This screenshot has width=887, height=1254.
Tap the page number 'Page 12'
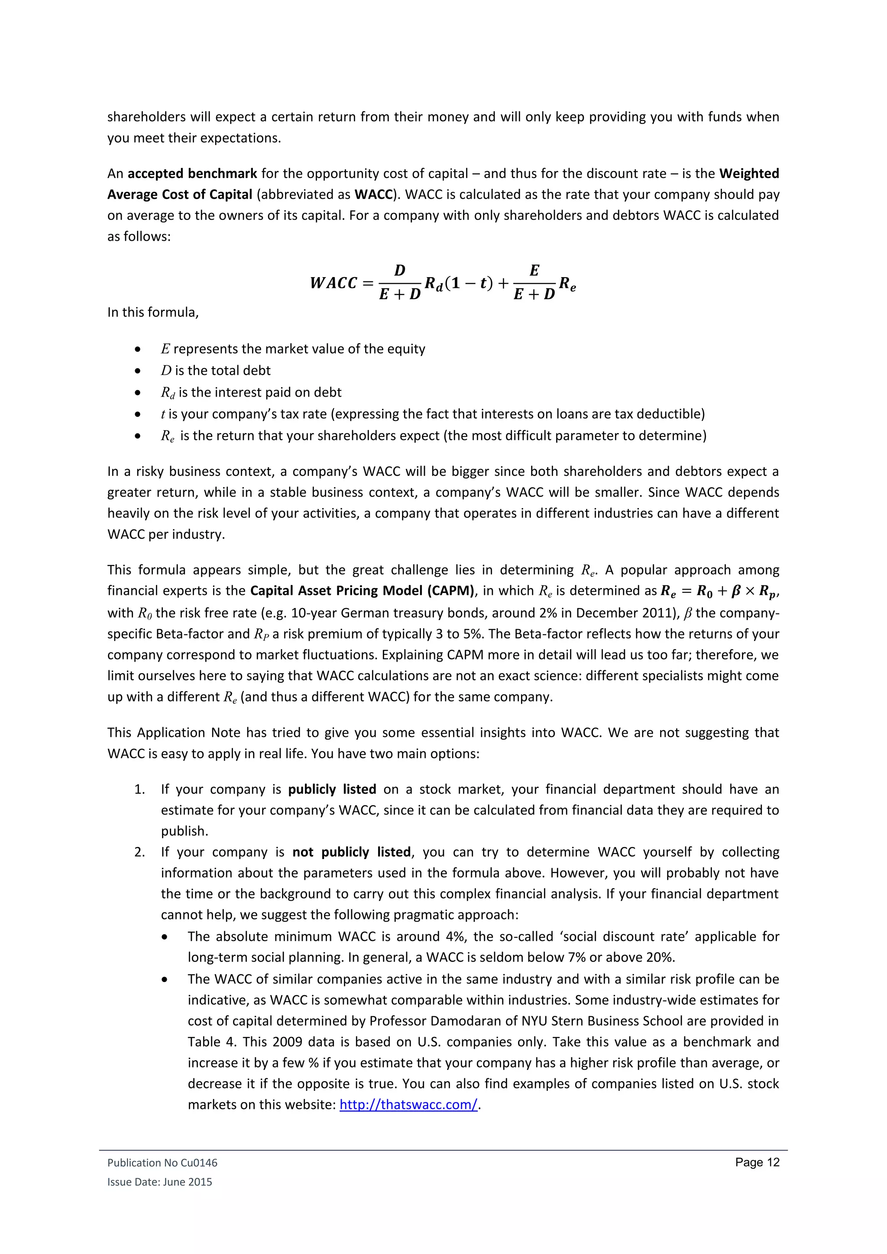point(757,1162)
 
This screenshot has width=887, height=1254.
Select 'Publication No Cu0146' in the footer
point(162,1163)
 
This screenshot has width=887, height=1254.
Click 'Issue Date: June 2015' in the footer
point(159,1182)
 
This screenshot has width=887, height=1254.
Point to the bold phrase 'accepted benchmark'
point(192,174)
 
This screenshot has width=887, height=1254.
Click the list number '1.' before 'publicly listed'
point(140,789)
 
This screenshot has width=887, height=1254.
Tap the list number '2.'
point(140,852)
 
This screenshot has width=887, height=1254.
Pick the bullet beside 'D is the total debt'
point(138,371)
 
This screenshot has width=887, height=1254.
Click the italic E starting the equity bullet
point(165,349)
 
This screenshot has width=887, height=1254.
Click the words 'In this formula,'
point(153,312)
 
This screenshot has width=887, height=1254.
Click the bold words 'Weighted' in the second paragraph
point(749,174)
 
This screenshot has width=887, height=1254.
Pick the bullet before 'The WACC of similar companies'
point(165,979)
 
